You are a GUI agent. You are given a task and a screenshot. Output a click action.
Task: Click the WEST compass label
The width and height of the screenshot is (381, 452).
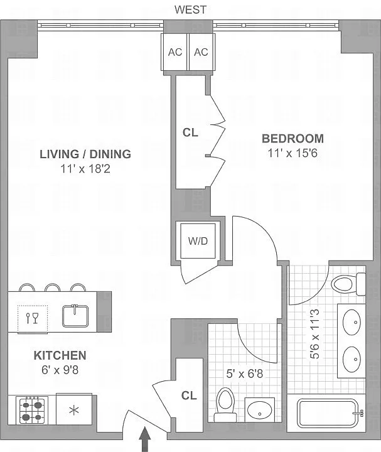[191, 10]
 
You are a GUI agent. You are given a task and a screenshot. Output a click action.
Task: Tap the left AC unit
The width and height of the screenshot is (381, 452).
[175, 52]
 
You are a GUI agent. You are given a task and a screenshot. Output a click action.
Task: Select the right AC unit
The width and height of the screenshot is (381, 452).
[201, 52]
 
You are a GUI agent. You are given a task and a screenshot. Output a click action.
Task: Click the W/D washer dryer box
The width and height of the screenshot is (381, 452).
[198, 240]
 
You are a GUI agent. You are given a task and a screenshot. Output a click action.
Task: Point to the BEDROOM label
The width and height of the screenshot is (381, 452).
[292, 139]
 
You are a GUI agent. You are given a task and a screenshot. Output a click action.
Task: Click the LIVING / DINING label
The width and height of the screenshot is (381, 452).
[85, 154]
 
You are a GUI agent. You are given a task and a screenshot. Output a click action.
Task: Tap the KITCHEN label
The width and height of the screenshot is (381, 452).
[60, 355]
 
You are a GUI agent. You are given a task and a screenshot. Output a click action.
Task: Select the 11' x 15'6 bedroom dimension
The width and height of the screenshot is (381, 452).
[292, 153]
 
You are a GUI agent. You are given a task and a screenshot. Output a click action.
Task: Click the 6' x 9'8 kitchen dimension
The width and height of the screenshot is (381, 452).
[60, 370]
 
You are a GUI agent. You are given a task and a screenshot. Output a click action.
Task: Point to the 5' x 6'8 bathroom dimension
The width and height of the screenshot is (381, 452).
[245, 374]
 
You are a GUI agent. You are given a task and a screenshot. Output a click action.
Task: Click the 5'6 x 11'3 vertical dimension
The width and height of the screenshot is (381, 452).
[314, 334]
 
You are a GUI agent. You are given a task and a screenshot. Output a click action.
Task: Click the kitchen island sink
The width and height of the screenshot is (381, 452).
[75, 316]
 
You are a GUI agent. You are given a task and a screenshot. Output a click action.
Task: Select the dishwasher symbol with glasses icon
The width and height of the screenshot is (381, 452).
[32, 318]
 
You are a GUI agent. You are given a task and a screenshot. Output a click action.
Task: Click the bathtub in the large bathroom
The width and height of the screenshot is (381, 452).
[328, 413]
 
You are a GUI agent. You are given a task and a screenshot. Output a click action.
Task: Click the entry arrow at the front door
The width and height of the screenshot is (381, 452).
[145, 439]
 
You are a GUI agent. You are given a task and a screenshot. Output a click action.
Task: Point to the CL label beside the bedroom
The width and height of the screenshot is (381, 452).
[191, 132]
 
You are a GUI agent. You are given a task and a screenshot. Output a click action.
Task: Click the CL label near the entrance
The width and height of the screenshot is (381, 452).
[189, 395]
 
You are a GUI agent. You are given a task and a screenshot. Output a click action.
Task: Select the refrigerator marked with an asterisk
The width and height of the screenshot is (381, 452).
[74, 410]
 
